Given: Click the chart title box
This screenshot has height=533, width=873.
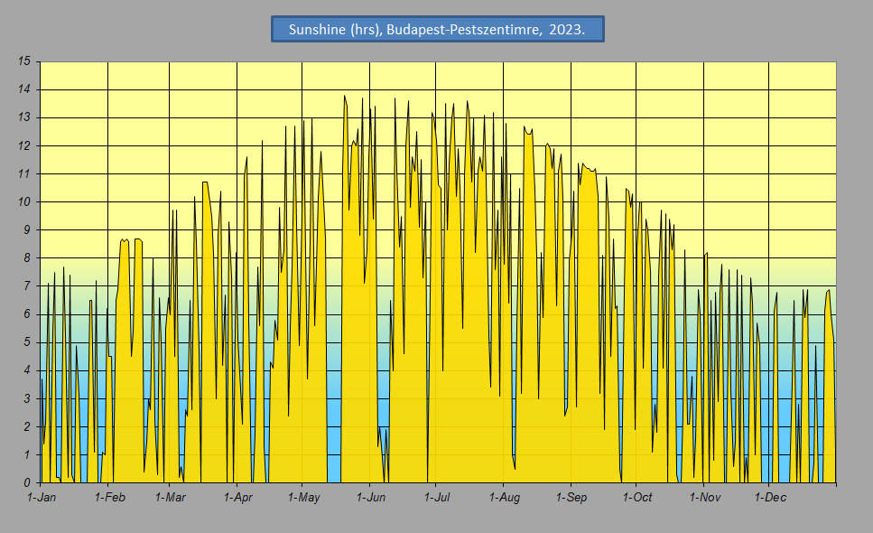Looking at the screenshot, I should tap(437, 29).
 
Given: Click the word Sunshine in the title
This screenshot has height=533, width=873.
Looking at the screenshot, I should tap(317, 30).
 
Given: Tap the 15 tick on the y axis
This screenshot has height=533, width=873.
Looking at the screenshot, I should tap(24, 61).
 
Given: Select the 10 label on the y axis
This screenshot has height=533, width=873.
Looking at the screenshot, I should tap(24, 201).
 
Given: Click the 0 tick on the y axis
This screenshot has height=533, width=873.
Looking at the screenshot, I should tap(27, 483).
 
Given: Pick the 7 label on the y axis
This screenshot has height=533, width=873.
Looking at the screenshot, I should tap(27, 286).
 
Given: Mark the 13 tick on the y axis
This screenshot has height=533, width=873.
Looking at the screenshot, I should tap(24, 117).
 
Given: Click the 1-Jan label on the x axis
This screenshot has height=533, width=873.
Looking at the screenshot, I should tap(42, 498).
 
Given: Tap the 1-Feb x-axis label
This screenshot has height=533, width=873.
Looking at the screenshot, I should tap(108, 498).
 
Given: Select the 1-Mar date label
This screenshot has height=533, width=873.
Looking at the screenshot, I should tap(170, 498).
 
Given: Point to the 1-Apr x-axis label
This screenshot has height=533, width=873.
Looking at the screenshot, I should tap(237, 498).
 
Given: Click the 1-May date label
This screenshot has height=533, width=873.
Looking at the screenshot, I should tap(303, 498).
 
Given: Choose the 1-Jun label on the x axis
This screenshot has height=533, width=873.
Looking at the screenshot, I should tap(370, 498).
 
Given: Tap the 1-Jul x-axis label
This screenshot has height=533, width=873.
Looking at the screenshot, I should tap(436, 498).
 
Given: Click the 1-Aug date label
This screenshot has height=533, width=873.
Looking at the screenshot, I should tap(504, 498).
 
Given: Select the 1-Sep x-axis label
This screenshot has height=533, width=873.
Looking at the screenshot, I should tap(571, 498).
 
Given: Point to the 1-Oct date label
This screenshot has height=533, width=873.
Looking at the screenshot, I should tap(636, 498).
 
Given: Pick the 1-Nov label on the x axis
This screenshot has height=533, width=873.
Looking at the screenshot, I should tap(704, 498).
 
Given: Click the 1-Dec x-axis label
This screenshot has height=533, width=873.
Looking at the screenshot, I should tap(769, 498).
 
